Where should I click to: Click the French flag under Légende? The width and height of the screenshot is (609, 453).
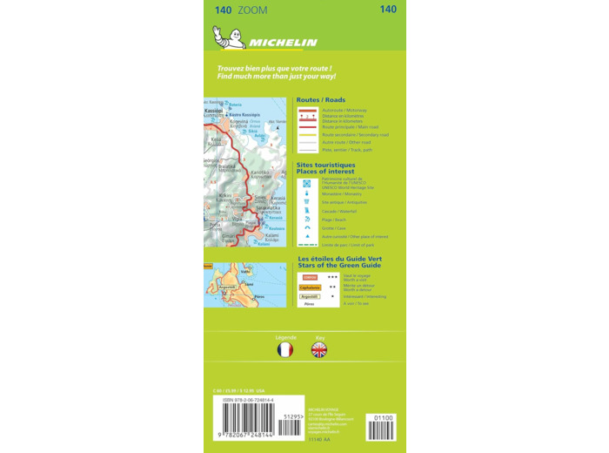[x=285, y=349]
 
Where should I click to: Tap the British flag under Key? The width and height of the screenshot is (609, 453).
[x=319, y=349]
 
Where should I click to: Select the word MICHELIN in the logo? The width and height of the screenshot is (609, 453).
[x=283, y=42]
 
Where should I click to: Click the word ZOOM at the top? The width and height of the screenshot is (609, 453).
[x=252, y=10]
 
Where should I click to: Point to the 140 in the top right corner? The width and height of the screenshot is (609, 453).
[x=388, y=10]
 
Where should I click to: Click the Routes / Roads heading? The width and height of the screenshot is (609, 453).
[x=321, y=100]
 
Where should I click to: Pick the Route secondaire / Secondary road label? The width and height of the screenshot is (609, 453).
[x=355, y=135]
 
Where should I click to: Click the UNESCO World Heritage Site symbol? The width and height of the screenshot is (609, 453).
[x=306, y=183]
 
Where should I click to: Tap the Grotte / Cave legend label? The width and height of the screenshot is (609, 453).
[x=334, y=228]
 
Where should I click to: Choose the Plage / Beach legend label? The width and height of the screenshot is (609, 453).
[x=334, y=220]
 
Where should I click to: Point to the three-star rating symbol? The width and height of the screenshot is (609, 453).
[x=332, y=276]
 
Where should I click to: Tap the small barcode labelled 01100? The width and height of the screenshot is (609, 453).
[x=382, y=428]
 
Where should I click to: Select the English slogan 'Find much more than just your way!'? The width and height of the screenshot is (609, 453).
[x=277, y=77]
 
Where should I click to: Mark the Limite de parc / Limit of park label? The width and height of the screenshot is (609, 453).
[x=347, y=245]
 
